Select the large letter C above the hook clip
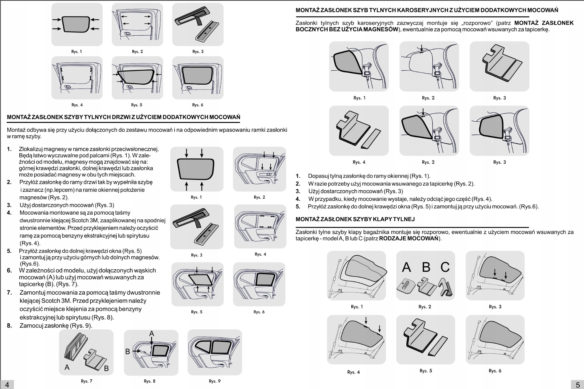(445, 267)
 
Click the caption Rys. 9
(214, 381)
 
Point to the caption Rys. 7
(86, 381)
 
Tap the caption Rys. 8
(149, 381)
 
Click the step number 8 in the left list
(9, 325)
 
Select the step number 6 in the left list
(9, 270)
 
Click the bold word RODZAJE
(392, 238)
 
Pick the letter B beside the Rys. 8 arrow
(128, 351)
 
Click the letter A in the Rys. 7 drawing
(67, 367)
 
